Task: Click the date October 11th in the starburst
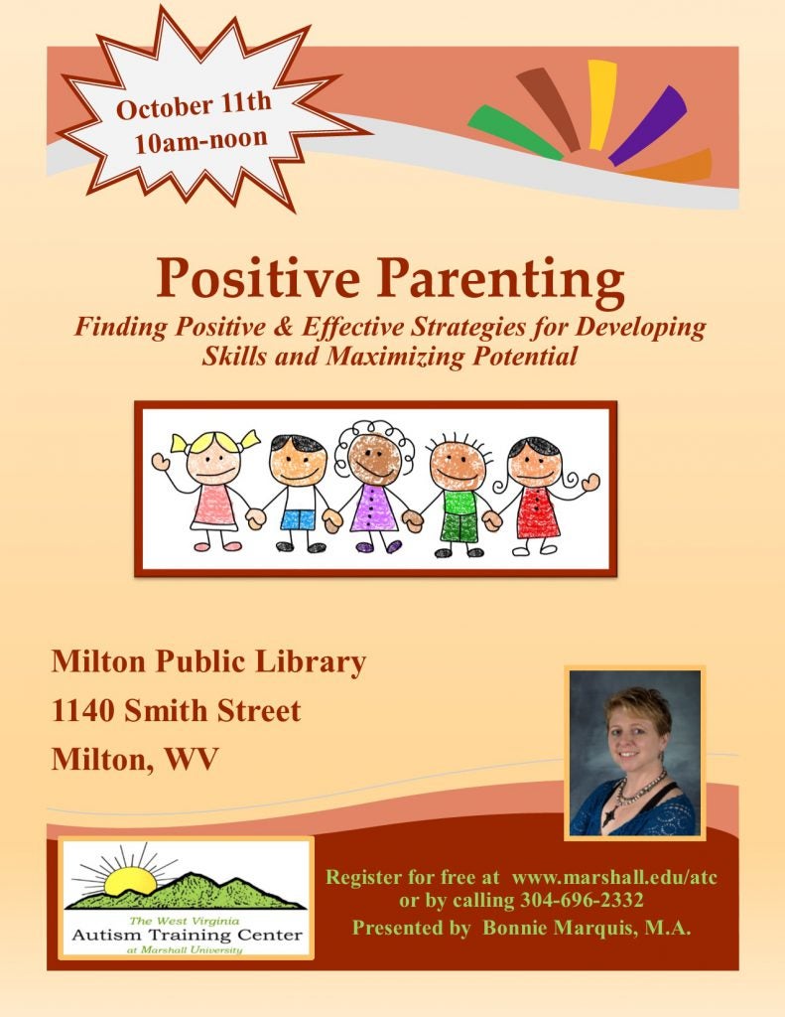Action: (x=194, y=105)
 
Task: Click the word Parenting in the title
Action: (x=501, y=277)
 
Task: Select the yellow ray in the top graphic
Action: (x=602, y=103)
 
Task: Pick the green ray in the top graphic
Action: (x=515, y=132)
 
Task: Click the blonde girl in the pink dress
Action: (x=212, y=490)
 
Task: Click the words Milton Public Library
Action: (x=208, y=662)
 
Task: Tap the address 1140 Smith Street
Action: (x=176, y=711)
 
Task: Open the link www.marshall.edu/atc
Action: (x=614, y=878)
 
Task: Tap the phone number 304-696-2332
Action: (x=582, y=900)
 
